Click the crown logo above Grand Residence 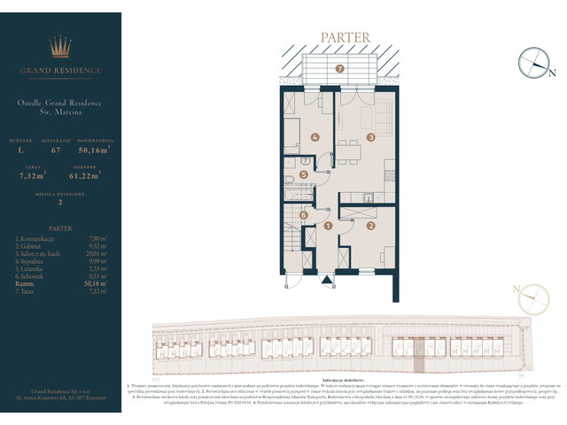click(59, 47)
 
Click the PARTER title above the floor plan click(339, 38)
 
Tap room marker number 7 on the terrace click(339, 68)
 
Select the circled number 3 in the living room click(371, 136)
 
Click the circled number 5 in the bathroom click(304, 175)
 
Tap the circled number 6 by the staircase click(304, 214)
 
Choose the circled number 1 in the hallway click(329, 226)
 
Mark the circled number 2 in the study click(371, 226)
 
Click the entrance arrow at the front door click(329, 282)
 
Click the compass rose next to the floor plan click(535, 60)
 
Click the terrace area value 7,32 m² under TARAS click(32, 176)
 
